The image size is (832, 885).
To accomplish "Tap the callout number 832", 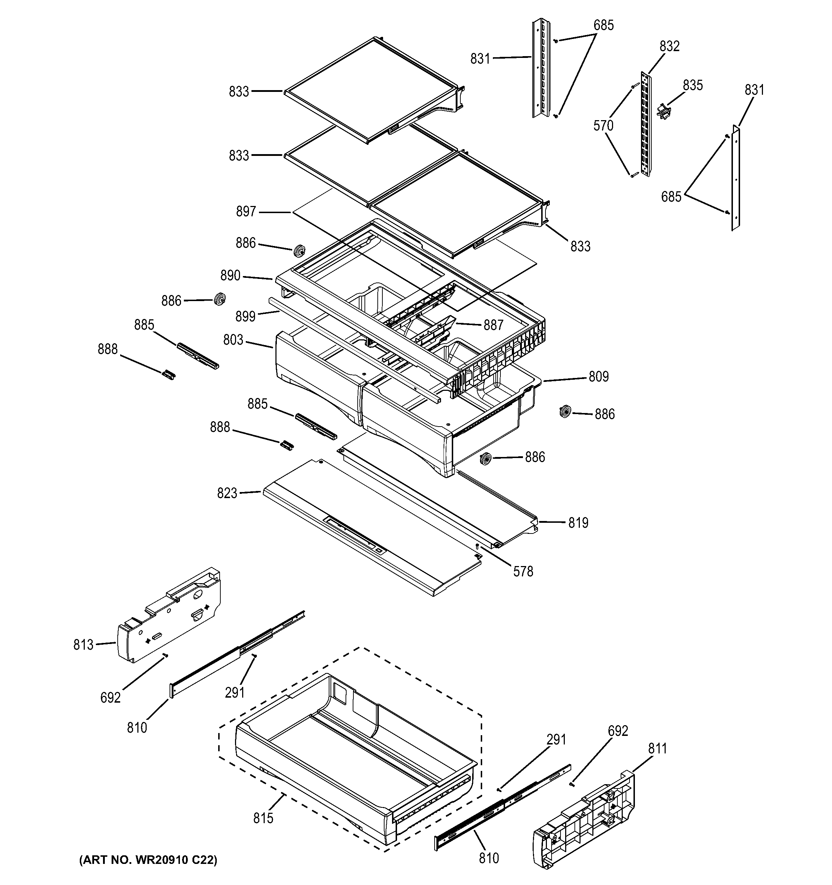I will (670, 46).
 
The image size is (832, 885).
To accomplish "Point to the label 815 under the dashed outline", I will (263, 818).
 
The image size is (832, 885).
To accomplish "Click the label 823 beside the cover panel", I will (227, 493).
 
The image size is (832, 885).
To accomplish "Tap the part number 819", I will (578, 523).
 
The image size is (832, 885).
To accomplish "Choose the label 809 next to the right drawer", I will (598, 377).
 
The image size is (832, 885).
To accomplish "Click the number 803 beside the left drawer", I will (233, 340).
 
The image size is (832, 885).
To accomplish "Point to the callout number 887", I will (493, 325).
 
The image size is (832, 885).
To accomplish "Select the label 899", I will (245, 316).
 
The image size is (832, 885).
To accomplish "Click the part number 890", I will (230, 276).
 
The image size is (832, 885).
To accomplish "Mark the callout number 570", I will (603, 126).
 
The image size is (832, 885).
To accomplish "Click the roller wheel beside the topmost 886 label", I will (300, 251).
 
